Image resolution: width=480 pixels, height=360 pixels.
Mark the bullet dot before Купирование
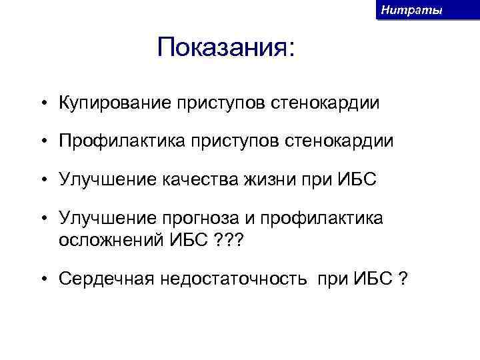41,104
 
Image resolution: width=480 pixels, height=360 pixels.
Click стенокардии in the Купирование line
326,103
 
